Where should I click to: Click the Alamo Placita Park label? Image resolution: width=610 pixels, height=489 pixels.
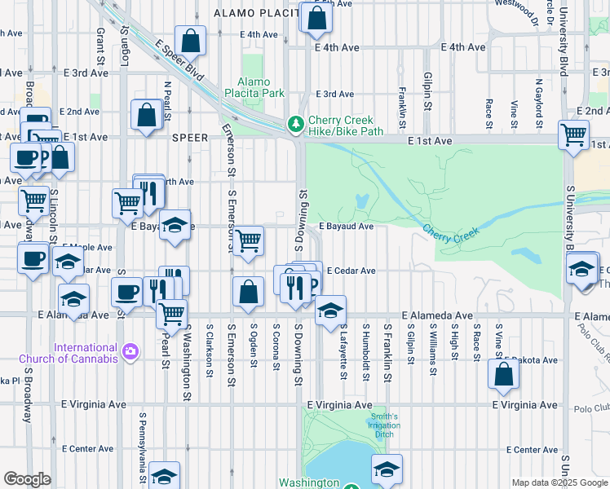pos(260,87)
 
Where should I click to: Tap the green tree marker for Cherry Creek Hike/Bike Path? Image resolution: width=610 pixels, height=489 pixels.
pos(294,126)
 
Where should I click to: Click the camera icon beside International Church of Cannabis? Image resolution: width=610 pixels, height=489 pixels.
pos(130,352)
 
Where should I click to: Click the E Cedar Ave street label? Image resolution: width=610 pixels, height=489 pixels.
pos(351,271)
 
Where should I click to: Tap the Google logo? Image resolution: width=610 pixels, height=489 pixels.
pos(27,478)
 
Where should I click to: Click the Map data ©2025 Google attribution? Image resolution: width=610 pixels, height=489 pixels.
pos(559,482)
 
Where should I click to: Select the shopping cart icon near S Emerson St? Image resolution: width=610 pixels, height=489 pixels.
pos(248,240)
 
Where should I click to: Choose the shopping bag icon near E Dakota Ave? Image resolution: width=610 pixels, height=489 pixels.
pos(503,373)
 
